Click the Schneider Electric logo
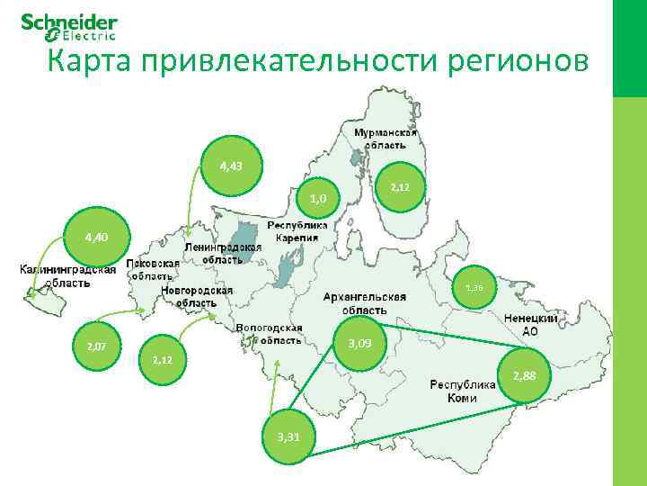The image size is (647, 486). click(x=68, y=27)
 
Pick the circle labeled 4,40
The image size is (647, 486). click(x=96, y=238)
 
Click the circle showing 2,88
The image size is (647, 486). click(x=524, y=375)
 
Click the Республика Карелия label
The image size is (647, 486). click(x=297, y=230)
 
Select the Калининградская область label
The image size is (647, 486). click(x=67, y=276)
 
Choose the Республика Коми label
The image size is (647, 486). click(x=462, y=391)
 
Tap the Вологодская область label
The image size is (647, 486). click(x=270, y=334)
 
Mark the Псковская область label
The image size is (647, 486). click(x=152, y=270)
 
